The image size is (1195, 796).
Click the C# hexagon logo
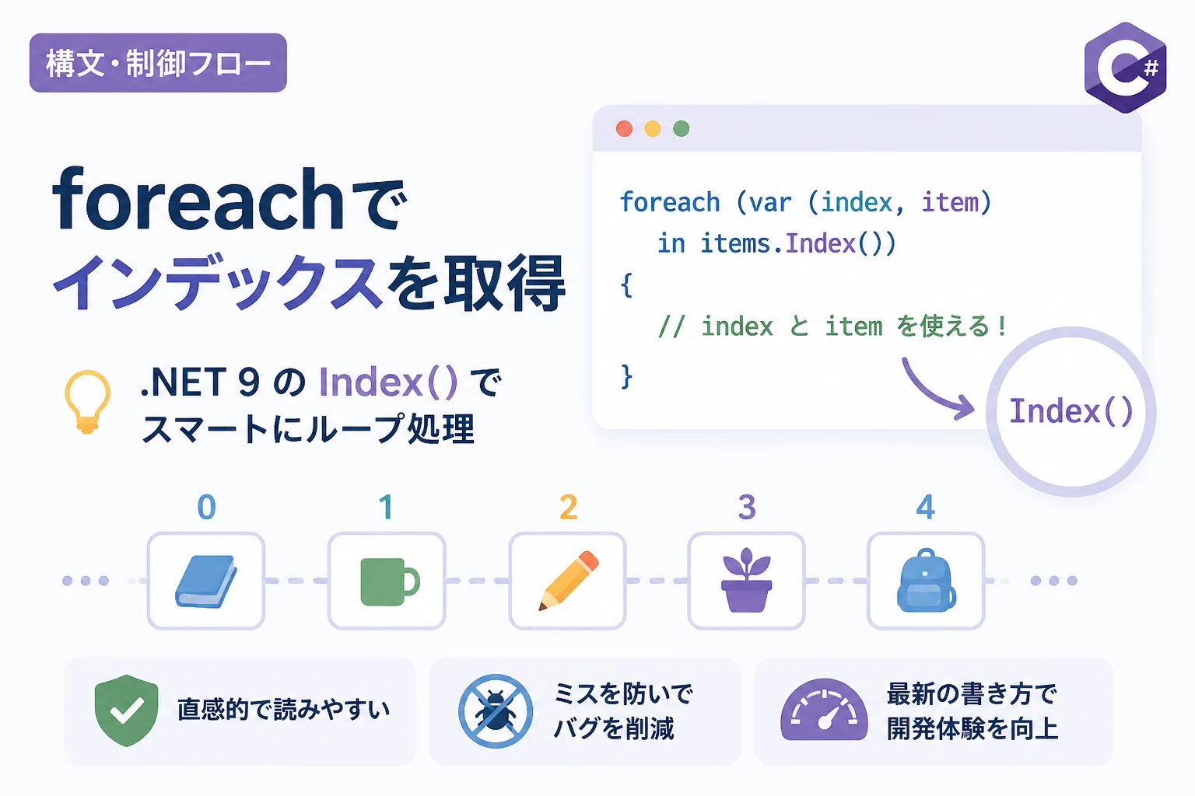click(x=1126, y=68)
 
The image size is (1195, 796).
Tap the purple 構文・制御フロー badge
click(x=158, y=63)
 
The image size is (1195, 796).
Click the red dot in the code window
click(x=624, y=128)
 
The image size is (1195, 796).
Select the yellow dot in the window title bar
click(x=653, y=128)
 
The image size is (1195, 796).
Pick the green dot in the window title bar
click(x=682, y=128)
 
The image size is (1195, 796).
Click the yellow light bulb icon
click(x=87, y=401)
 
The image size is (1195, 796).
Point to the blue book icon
click(x=206, y=581)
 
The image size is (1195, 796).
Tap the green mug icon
click(x=390, y=581)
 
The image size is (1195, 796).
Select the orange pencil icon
click(x=569, y=580)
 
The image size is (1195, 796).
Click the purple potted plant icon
click(x=746, y=580)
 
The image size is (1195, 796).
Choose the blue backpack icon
click(x=926, y=580)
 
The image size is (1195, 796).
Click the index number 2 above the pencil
click(x=569, y=507)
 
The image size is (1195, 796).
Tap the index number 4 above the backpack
click(x=926, y=507)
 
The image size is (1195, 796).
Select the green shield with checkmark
click(x=127, y=710)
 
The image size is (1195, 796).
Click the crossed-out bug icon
click(x=496, y=711)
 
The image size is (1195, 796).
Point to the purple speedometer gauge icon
click(x=824, y=710)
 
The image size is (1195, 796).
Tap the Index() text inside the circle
click(x=1071, y=411)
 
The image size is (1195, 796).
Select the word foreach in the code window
click(x=670, y=203)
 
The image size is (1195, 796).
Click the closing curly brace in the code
click(x=627, y=376)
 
